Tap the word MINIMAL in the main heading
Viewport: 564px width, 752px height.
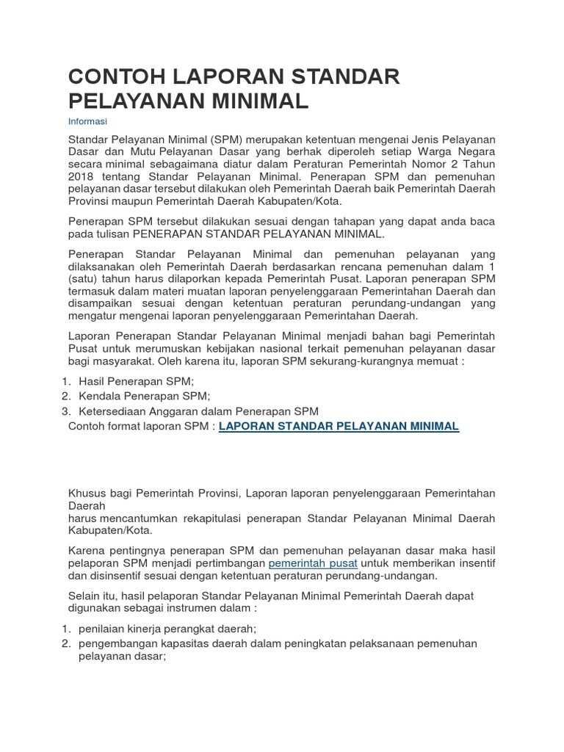(255, 101)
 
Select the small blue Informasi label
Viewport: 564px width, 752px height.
(87, 121)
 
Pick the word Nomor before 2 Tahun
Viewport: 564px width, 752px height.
(416, 164)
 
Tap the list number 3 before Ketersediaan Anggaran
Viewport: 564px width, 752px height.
(65, 411)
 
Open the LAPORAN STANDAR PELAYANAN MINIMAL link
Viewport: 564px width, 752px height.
(339, 426)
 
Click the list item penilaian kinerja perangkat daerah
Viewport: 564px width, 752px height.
(167, 629)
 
